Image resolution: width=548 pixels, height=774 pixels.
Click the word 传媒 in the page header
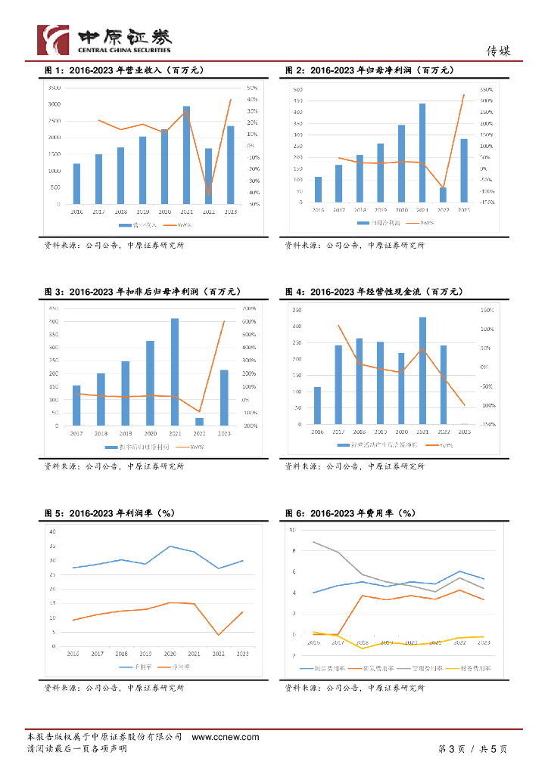[x=498, y=51]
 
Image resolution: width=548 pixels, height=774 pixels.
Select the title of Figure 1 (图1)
[x=124, y=70]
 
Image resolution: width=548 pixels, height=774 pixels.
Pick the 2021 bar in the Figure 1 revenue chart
[x=186, y=155]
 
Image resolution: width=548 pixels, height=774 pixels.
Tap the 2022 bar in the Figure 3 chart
[x=199, y=422]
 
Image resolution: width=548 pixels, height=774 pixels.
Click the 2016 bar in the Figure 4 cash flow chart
[x=317, y=406]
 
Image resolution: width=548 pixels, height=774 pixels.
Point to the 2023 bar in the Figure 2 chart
[x=464, y=171]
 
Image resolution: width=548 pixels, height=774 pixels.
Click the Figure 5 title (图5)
[x=109, y=513]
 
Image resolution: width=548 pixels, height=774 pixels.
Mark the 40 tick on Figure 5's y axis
[x=53, y=532]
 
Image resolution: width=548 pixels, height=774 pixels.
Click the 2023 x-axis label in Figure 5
[x=243, y=653]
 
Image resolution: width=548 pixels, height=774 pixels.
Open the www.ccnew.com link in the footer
[x=226, y=737]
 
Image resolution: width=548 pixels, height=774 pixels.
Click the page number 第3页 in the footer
[x=451, y=749]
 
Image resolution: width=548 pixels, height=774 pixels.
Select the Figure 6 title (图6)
[x=350, y=513]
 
